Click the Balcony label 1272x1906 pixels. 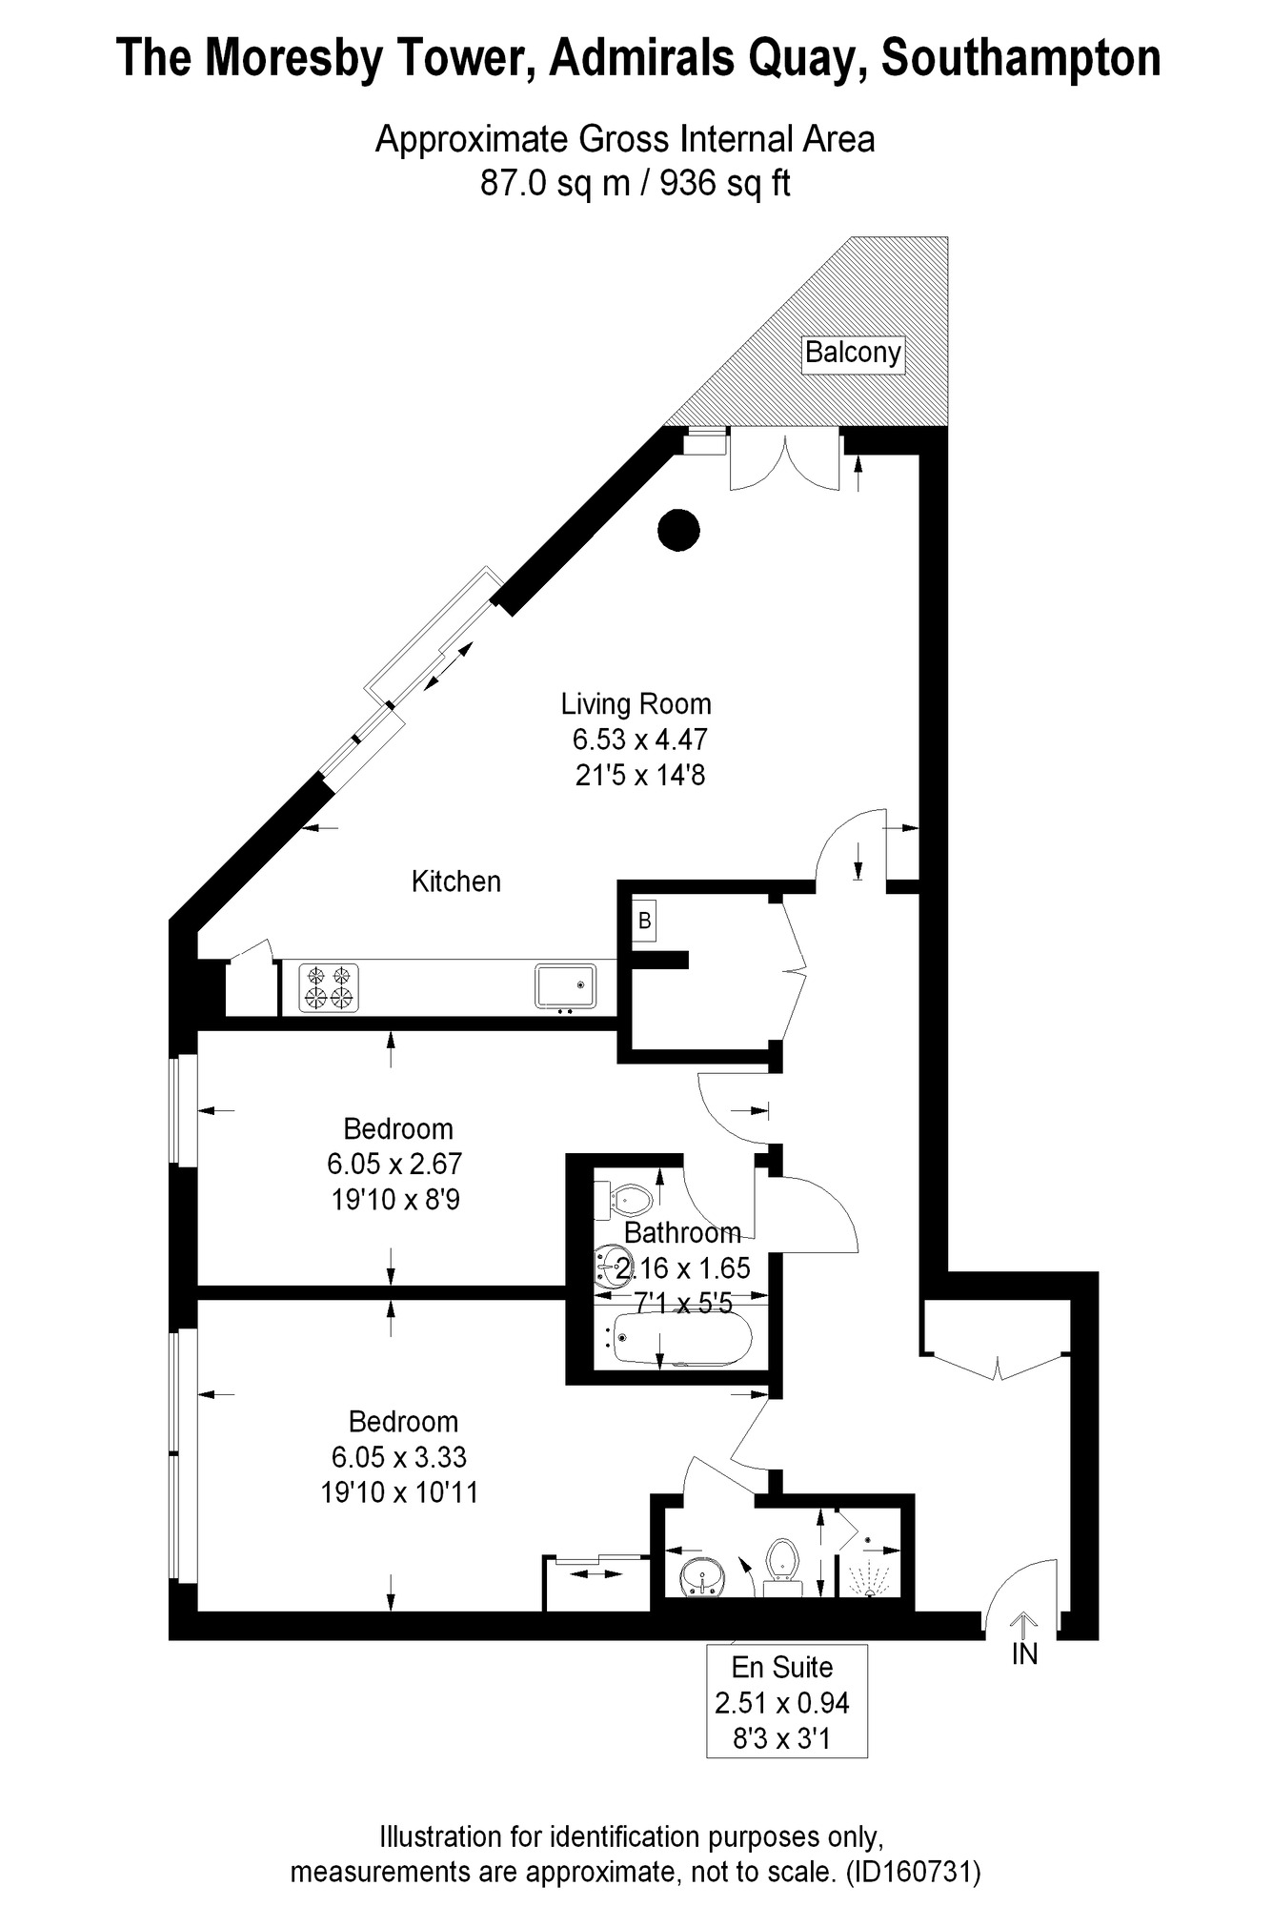click(852, 353)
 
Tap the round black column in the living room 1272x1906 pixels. click(679, 530)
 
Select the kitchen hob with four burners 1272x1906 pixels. click(330, 987)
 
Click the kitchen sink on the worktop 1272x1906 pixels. click(565, 985)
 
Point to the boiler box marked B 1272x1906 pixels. click(645, 922)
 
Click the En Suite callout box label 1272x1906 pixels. click(783, 1667)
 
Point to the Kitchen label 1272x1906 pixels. click(455, 882)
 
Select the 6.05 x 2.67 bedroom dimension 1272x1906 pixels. click(394, 1164)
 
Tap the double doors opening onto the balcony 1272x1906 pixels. click(785, 461)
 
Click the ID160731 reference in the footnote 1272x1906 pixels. click(913, 1872)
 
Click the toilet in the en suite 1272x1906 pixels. click(783, 1563)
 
